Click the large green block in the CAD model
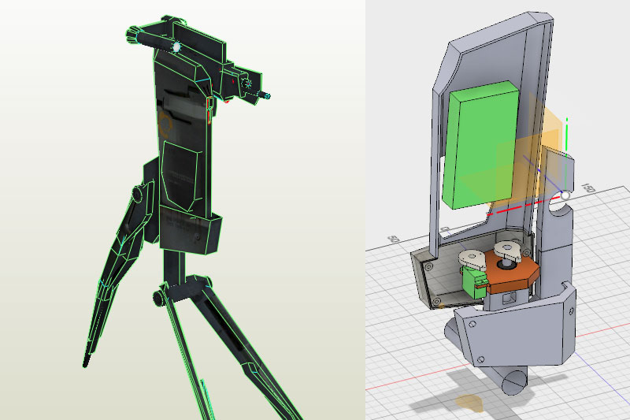480,146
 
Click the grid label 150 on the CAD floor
587,190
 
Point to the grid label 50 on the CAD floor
395,238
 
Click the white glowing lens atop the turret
176,47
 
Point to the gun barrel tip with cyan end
268,96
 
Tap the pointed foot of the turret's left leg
86,363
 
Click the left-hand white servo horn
473,258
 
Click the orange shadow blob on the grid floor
470,403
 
